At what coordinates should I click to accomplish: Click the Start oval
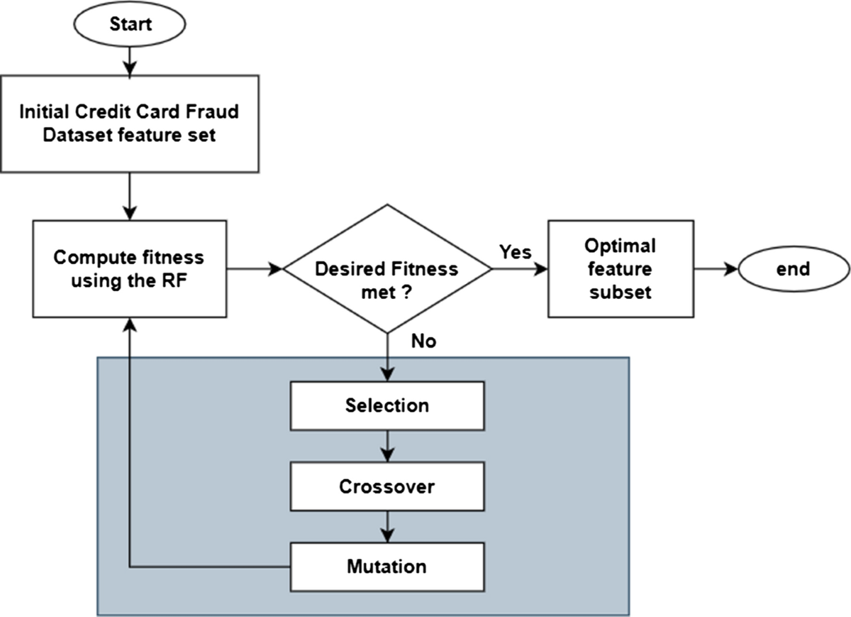[130, 24]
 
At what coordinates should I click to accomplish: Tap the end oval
[794, 269]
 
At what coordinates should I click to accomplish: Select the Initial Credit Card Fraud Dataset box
[130, 124]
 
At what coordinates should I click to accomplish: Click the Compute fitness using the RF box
[130, 268]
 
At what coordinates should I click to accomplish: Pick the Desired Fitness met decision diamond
[387, 269]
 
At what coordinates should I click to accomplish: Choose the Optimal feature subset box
[621, 268]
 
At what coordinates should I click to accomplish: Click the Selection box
[387, 406]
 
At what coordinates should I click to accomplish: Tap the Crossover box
[387, 486]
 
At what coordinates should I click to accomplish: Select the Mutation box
[387, 567]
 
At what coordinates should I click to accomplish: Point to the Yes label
[515, 252]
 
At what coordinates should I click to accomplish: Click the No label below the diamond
[423, 342]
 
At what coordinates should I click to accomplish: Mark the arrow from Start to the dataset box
[130, 61]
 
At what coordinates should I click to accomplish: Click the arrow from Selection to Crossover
[387, 446]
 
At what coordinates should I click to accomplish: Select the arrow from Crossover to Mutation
[387, 527]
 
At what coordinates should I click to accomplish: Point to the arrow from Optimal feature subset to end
[716, 269]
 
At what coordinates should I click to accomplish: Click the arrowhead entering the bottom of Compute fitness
[130, 324]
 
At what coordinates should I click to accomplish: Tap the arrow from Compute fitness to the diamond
[255, 269]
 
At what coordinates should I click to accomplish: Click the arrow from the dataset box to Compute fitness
[130, 196]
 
